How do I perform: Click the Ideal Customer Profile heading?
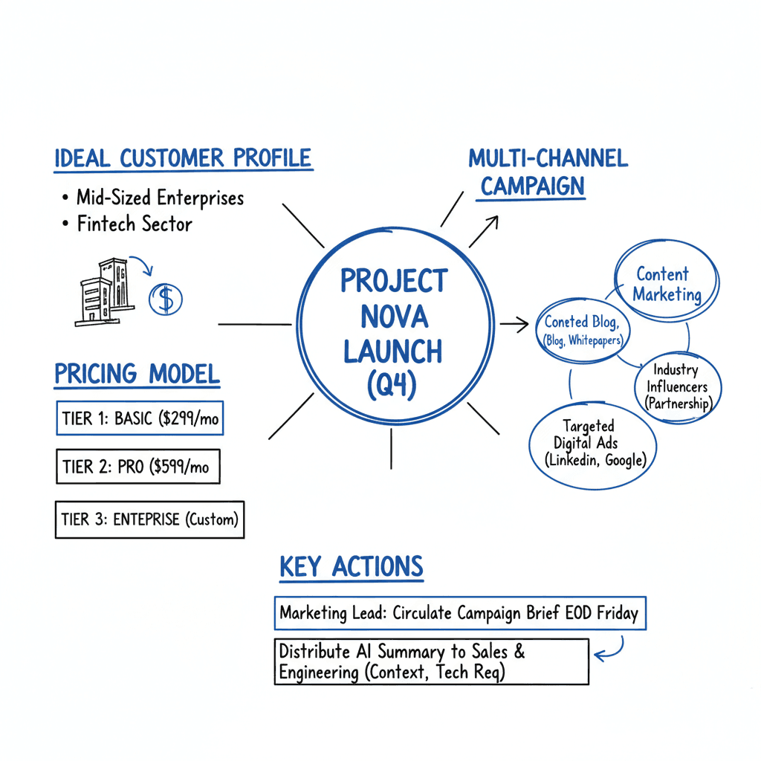click(x=183, y=158)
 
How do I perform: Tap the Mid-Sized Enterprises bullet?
click(x=160, y=198)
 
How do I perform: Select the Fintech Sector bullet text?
click(x=135, y=224)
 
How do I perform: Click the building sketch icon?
click(x=103, y=292)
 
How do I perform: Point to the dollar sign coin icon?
click(x=166, y=299)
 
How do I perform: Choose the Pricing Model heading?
click(x=137, y=373)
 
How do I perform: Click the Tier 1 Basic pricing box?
click(x=140, y=418)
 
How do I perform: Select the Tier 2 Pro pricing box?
click(x=137, y=467)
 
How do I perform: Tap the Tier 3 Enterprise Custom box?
click(x=149, y=519)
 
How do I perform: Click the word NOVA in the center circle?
click(x=394, y=317)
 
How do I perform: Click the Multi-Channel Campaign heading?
click(x=548, y=172)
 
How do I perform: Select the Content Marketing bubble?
click(x=667, y=284)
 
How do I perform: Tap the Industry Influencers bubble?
click(x=678, y=386)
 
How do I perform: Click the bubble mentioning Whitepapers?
click(x=583, y=331)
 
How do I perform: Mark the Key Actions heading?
click(x=352, y=567)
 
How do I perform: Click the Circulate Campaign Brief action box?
click(x=459, y=614)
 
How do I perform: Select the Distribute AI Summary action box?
click(x=431, y=661)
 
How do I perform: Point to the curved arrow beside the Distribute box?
click(x=611, y=652)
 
